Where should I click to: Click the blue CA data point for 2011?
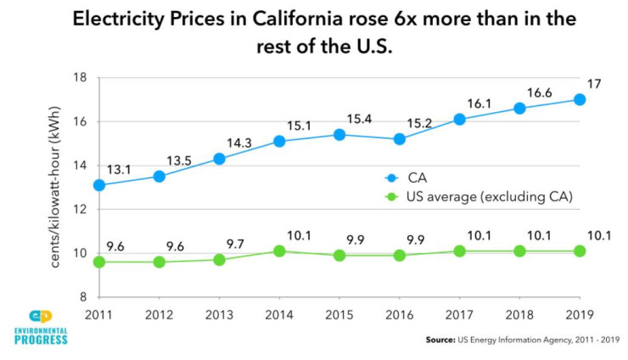tap(99, 185)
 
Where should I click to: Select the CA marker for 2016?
tap(399, 139)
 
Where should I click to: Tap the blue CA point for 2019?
tap(580, 99)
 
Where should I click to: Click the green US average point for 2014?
tap(279, 250)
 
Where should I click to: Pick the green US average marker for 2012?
tap(159, 262)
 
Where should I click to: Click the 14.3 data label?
tap(238, 140)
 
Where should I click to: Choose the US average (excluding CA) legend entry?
tap(479, 197)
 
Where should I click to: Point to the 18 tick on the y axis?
tap(82, 77)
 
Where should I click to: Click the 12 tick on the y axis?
tap(82, 209)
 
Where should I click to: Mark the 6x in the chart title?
tap(401, 18)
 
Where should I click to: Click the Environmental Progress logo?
tap(40, 327)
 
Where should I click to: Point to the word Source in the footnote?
tap(445, 340)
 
